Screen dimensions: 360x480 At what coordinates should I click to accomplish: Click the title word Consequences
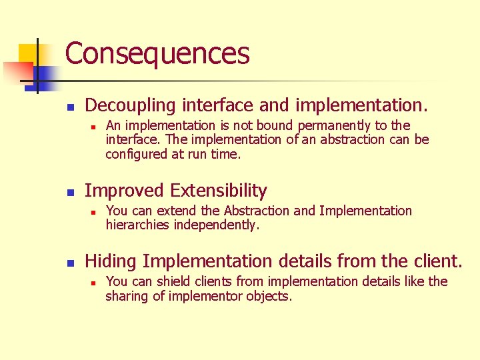pyautogui.click(x=157, y=54)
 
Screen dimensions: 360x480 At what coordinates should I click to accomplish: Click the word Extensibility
pyautogui.click(x=218, y=191)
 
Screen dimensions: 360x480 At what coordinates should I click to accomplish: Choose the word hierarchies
pyautogui.click(x=137, y=225)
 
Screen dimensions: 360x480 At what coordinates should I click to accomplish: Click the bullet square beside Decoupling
pyautogui.click(x=71, y=106)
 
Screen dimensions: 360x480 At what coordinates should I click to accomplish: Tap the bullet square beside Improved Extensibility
pyautogui.click(x=71, y=191)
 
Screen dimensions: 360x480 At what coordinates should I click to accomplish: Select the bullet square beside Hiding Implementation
pyautogui.click(x=71, y=261)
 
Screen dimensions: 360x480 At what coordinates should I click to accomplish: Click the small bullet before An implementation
pyautogui.click(x=95, y=126)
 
